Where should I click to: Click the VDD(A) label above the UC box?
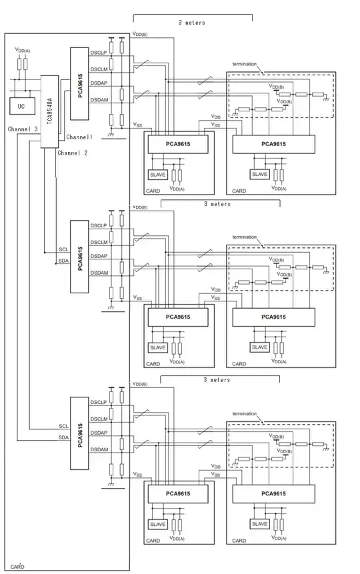pyautogui.click(x=22, y=50)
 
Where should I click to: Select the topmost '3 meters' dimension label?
pyautogui.click(x=192, y=23)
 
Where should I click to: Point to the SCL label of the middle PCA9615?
pyautogui.click(x=64, y=249)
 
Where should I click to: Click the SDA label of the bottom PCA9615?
pyautogui.click(x=64, y=438)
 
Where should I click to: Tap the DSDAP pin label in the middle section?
pyautogui.click(x=99, y=257)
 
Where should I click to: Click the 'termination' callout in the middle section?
pyautogui.click(x=243, y=237)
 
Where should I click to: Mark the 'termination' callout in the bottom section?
pyautogui.click(x=243, y=413)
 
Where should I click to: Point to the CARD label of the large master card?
pyautogui.click(x=18, y=566)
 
